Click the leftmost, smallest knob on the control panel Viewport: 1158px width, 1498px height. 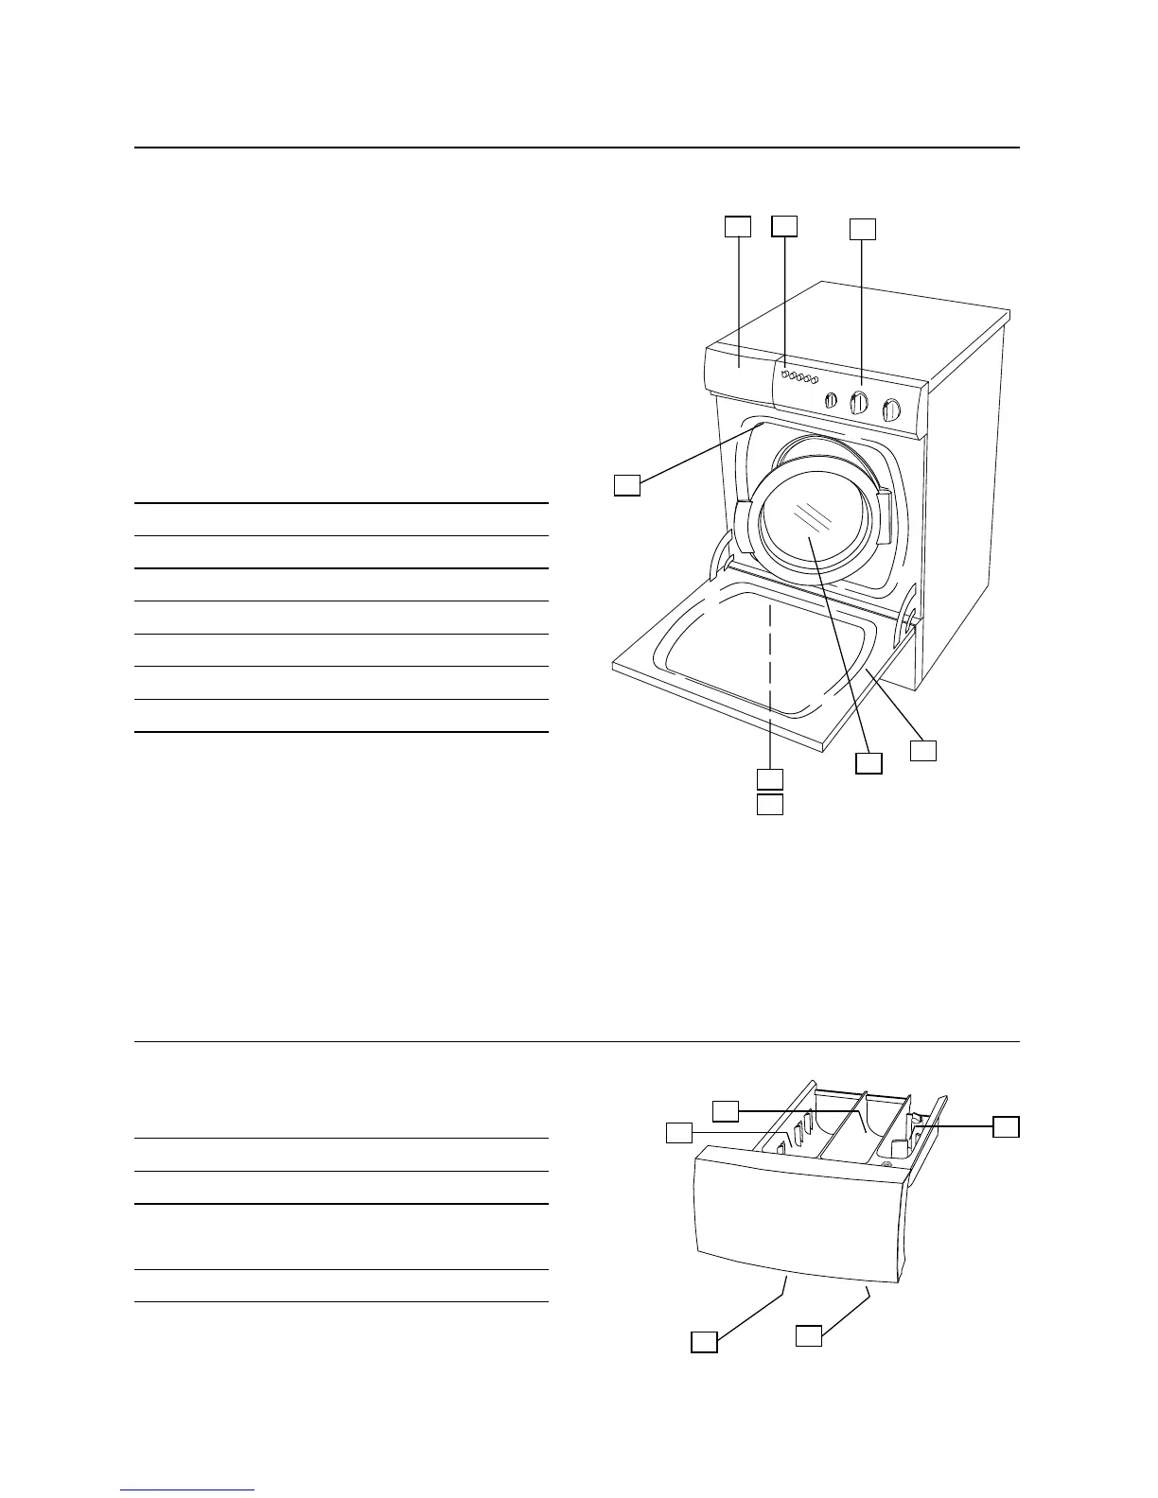click(x=831, y=400)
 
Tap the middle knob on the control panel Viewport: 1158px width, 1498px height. click(x=859, y=404)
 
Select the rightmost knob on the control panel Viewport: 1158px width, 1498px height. click(x=890, y=409)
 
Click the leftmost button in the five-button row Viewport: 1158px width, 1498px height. click(x=785, y=375)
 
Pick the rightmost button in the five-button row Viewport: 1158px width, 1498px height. click(x=814, y=382)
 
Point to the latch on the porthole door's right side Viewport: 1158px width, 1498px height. click(x=884, y=515)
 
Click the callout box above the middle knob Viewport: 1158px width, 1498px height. click(x=862, y=230)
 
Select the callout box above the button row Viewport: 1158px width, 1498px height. click(x=783, y=225)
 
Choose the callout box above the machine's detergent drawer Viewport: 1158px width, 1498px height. click(x=738, y=227)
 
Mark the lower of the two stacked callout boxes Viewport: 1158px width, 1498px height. click(x=770, y=805)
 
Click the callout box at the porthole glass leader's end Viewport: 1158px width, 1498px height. click(x=868, y=763)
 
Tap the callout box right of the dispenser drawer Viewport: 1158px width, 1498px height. click(x=1006, y=1125)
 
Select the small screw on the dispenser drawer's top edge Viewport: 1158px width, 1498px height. click(x=887, y=1165)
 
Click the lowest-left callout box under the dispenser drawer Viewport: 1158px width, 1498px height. click(x=703, y=1341)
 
